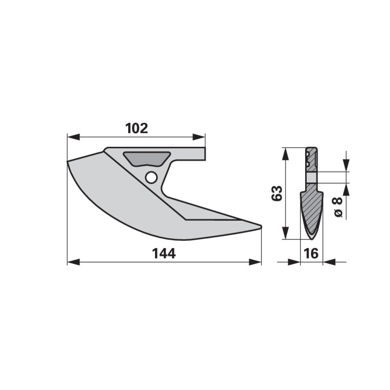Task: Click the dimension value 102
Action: (136, 128)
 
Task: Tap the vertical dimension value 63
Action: (276, 194)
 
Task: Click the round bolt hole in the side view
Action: (151, 177)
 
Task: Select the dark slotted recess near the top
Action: (146, 158)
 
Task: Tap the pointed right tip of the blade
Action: (260, 226)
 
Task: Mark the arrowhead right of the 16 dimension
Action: (328, 262)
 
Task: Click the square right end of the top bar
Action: (204, 154)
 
